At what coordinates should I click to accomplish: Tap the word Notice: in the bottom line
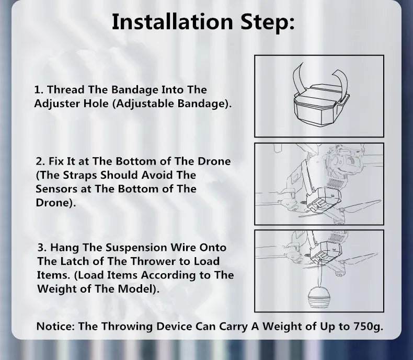pyautogui.click(x=55, y=327)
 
